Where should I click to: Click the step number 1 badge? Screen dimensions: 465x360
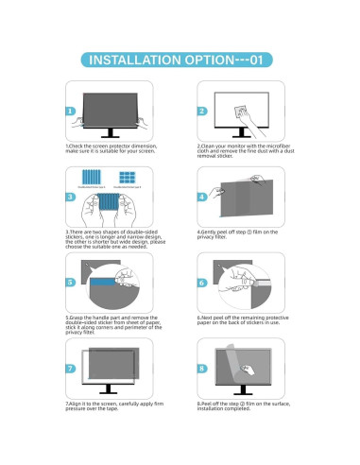pos(72,111)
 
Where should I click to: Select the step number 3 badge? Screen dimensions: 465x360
pos(72,197)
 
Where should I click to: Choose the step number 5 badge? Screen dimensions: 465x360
pos(72,283)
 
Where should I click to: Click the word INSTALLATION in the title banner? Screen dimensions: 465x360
pos(137,60)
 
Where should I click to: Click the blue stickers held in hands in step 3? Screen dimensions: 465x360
pos(111,203)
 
